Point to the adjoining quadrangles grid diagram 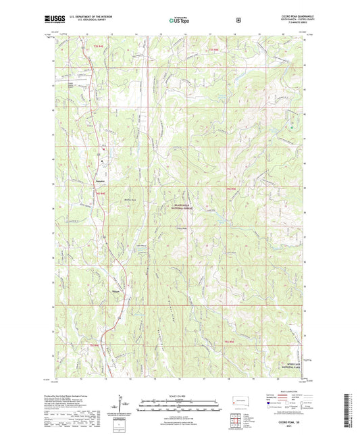tap(239, 420)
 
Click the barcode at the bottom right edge tap(353, 409)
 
